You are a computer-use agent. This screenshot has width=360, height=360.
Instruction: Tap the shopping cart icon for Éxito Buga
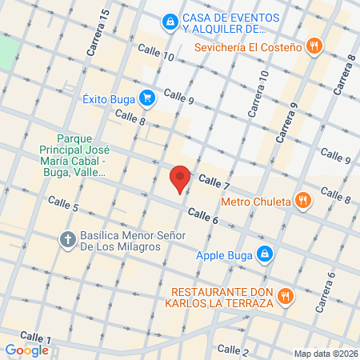click(147, 99)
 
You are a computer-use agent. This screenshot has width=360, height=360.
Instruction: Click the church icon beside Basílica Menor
click(69, 239)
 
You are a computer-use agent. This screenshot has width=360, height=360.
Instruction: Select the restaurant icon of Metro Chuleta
click(303, 200)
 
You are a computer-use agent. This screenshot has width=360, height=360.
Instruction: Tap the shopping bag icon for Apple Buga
click(265, 256)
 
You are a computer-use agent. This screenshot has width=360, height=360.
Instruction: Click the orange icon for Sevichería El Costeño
click(314, 46)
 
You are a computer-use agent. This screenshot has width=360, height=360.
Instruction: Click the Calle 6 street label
click(203, 215)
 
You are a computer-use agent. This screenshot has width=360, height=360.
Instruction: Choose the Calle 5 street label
click(64, 210)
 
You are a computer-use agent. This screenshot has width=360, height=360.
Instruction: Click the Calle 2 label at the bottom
click(233, 350)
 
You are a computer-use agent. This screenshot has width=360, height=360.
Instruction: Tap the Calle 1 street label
click(35, 338)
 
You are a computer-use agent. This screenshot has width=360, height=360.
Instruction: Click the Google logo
click(26, 350)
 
